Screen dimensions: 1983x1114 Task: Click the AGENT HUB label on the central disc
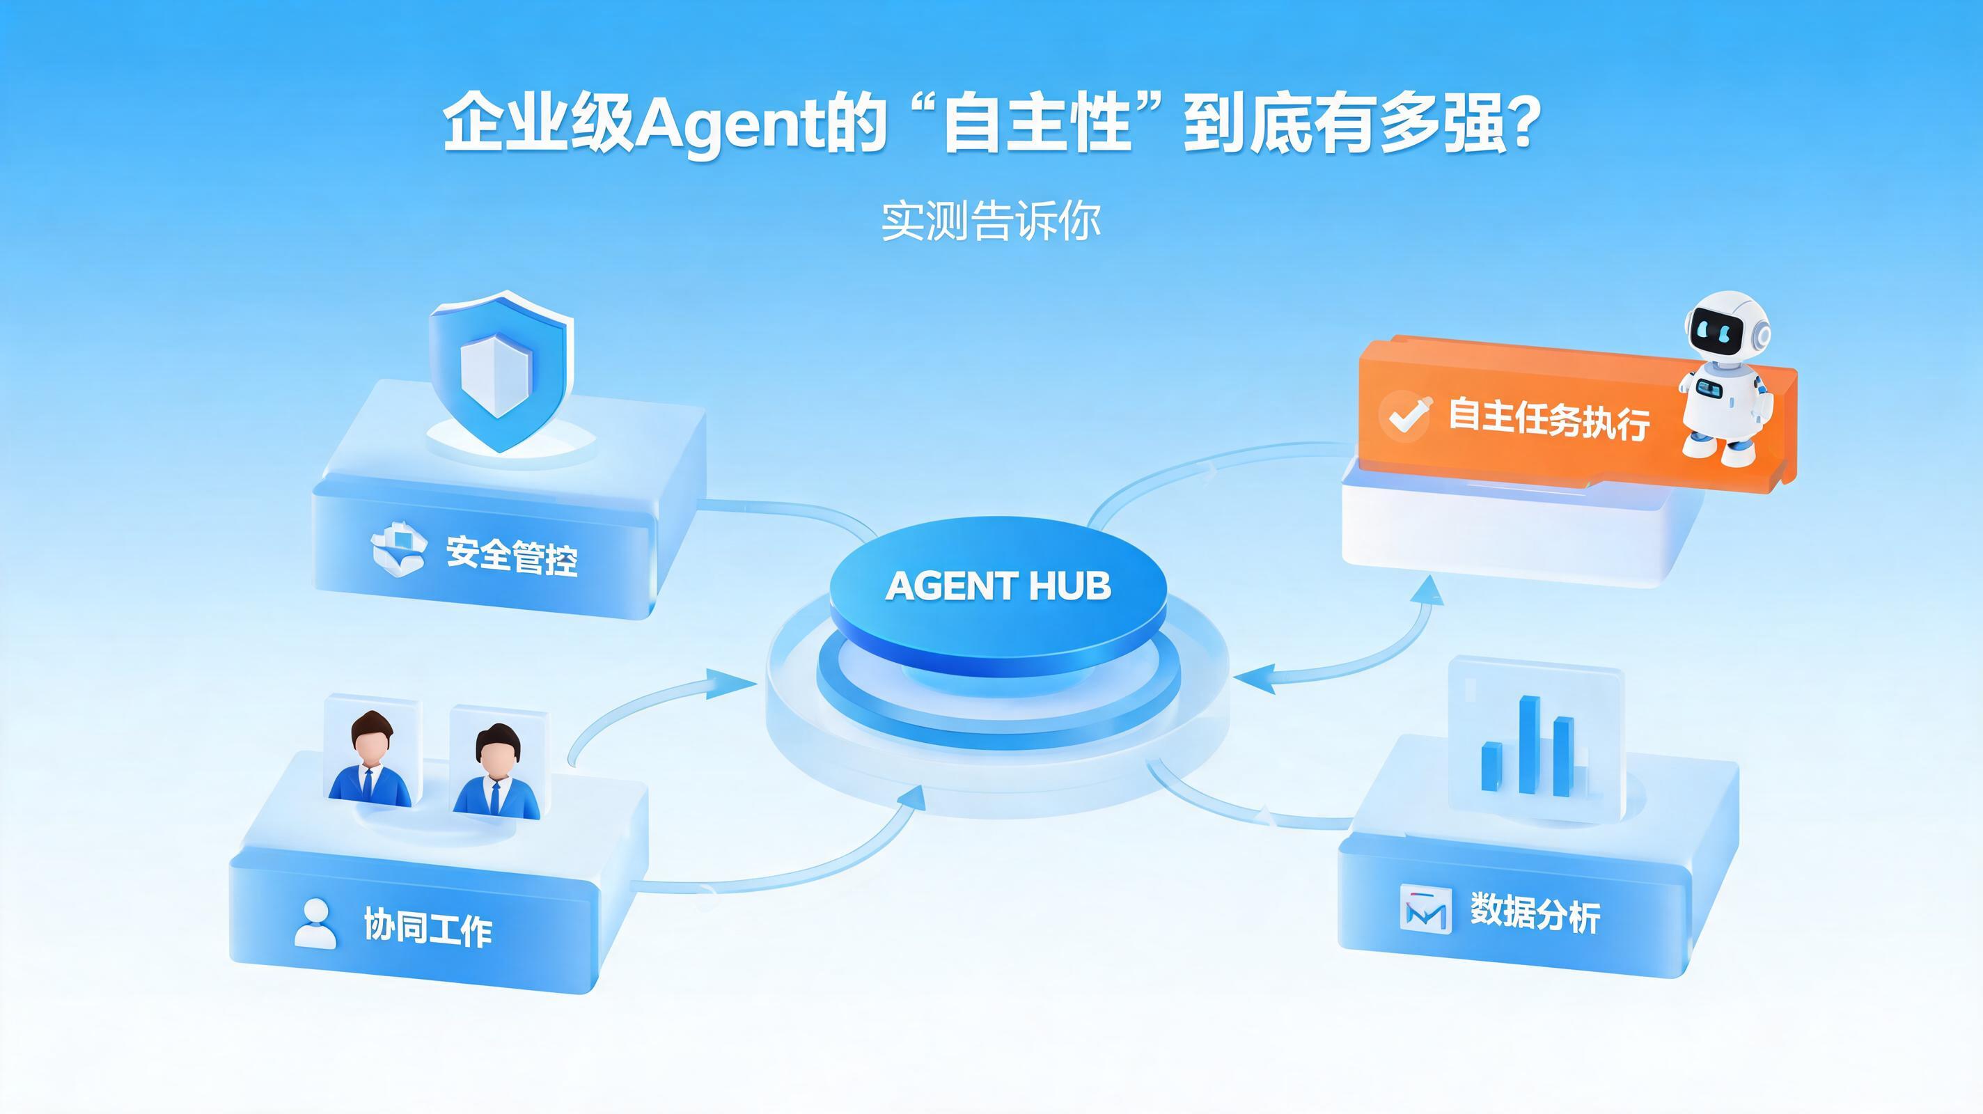click(x=998, y=586)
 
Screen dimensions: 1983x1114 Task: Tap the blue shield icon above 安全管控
click(x=501, y=371)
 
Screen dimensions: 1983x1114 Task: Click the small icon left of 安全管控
click(x=399, y=549)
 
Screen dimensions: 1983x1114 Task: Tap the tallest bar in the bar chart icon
click(x=1529, y=744)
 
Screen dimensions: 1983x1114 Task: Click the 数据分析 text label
click(x=1535, y=912)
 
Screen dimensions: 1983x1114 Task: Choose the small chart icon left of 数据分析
click(x=1425, y=910)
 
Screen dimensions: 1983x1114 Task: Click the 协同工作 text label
click(x=428, y=926)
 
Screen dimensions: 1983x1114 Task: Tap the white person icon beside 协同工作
click(x=315, y=924)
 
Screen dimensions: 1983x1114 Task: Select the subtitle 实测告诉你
click(x=991, y=221)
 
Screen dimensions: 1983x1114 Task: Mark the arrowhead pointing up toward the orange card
click(x=1430, y=591)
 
